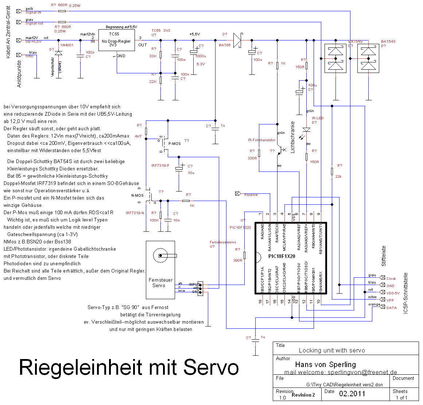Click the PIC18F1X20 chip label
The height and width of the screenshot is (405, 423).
click(282, 256)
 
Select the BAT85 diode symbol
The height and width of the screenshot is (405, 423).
click(237, 40)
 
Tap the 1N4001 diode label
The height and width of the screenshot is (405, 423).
click(67, 45)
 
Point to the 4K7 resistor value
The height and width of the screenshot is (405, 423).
click(138, 136)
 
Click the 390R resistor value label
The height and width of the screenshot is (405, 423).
click(237, 261)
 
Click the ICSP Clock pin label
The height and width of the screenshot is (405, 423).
click(391, 278)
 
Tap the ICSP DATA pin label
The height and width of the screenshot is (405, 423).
click(392, 308)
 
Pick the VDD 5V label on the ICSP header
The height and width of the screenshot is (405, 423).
click(393, 293)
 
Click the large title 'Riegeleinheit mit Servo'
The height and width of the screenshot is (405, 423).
click(129, 367)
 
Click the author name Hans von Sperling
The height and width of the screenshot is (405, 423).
click(325, 364)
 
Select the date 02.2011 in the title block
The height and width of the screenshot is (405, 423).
click(352, 394)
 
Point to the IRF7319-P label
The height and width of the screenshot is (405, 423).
click(160, 166)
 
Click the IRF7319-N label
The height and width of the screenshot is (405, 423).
click(135, 213)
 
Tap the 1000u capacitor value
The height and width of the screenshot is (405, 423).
click(201, 56)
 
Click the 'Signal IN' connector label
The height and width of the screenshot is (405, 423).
click(33, 12)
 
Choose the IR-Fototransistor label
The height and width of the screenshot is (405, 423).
click(262, 140)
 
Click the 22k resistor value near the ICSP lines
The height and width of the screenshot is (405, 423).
click(338, 177)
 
